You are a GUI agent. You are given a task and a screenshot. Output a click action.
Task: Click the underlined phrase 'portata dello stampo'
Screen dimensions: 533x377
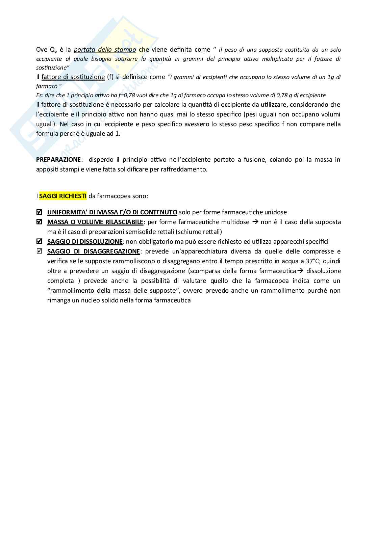tap(105, 50)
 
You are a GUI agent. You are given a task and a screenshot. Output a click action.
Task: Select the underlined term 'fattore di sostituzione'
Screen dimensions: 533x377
tap(73, 77)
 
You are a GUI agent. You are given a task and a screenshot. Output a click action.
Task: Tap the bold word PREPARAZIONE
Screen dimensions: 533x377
tap(58, 159)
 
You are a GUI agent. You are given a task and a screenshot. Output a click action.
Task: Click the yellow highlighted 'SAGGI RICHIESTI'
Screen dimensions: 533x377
tap(63, 196)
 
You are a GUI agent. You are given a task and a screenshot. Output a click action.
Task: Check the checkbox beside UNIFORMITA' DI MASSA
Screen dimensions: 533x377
tap(39, 212)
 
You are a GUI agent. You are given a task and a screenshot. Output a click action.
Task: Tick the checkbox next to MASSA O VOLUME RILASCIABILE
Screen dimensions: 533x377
tap(39, 222)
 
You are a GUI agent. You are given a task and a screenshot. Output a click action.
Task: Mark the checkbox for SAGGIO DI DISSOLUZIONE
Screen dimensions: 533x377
tap(39, 241)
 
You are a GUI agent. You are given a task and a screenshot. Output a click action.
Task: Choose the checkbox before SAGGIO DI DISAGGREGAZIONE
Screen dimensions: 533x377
tap(39, 251)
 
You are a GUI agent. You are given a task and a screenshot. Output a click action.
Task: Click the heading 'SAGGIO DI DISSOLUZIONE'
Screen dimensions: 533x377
tap(85, 242)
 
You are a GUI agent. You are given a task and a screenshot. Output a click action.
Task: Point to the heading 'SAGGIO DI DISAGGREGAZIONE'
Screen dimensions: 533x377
tap(94, 251)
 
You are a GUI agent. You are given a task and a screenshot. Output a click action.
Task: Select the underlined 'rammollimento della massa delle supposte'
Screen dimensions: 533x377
tap(113, 291)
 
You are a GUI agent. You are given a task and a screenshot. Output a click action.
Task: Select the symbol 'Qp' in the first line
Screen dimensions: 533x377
tap(53, 50)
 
